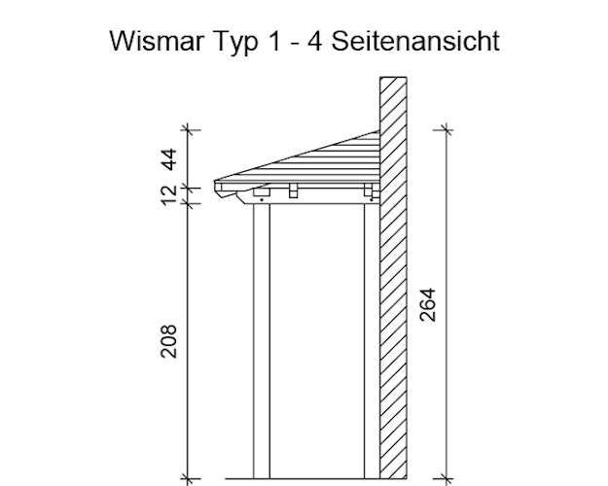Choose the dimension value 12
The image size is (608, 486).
point(168,194)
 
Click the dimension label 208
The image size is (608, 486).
point(168,341)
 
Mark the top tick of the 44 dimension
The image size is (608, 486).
point(189,128)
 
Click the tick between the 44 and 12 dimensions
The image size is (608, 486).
point(189,183)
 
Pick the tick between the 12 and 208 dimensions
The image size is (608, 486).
point(189,204)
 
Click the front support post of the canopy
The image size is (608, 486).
point(261,340)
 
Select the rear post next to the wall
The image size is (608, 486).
point(371,340)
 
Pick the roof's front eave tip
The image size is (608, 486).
point(217,183)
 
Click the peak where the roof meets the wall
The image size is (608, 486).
point(376,131)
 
